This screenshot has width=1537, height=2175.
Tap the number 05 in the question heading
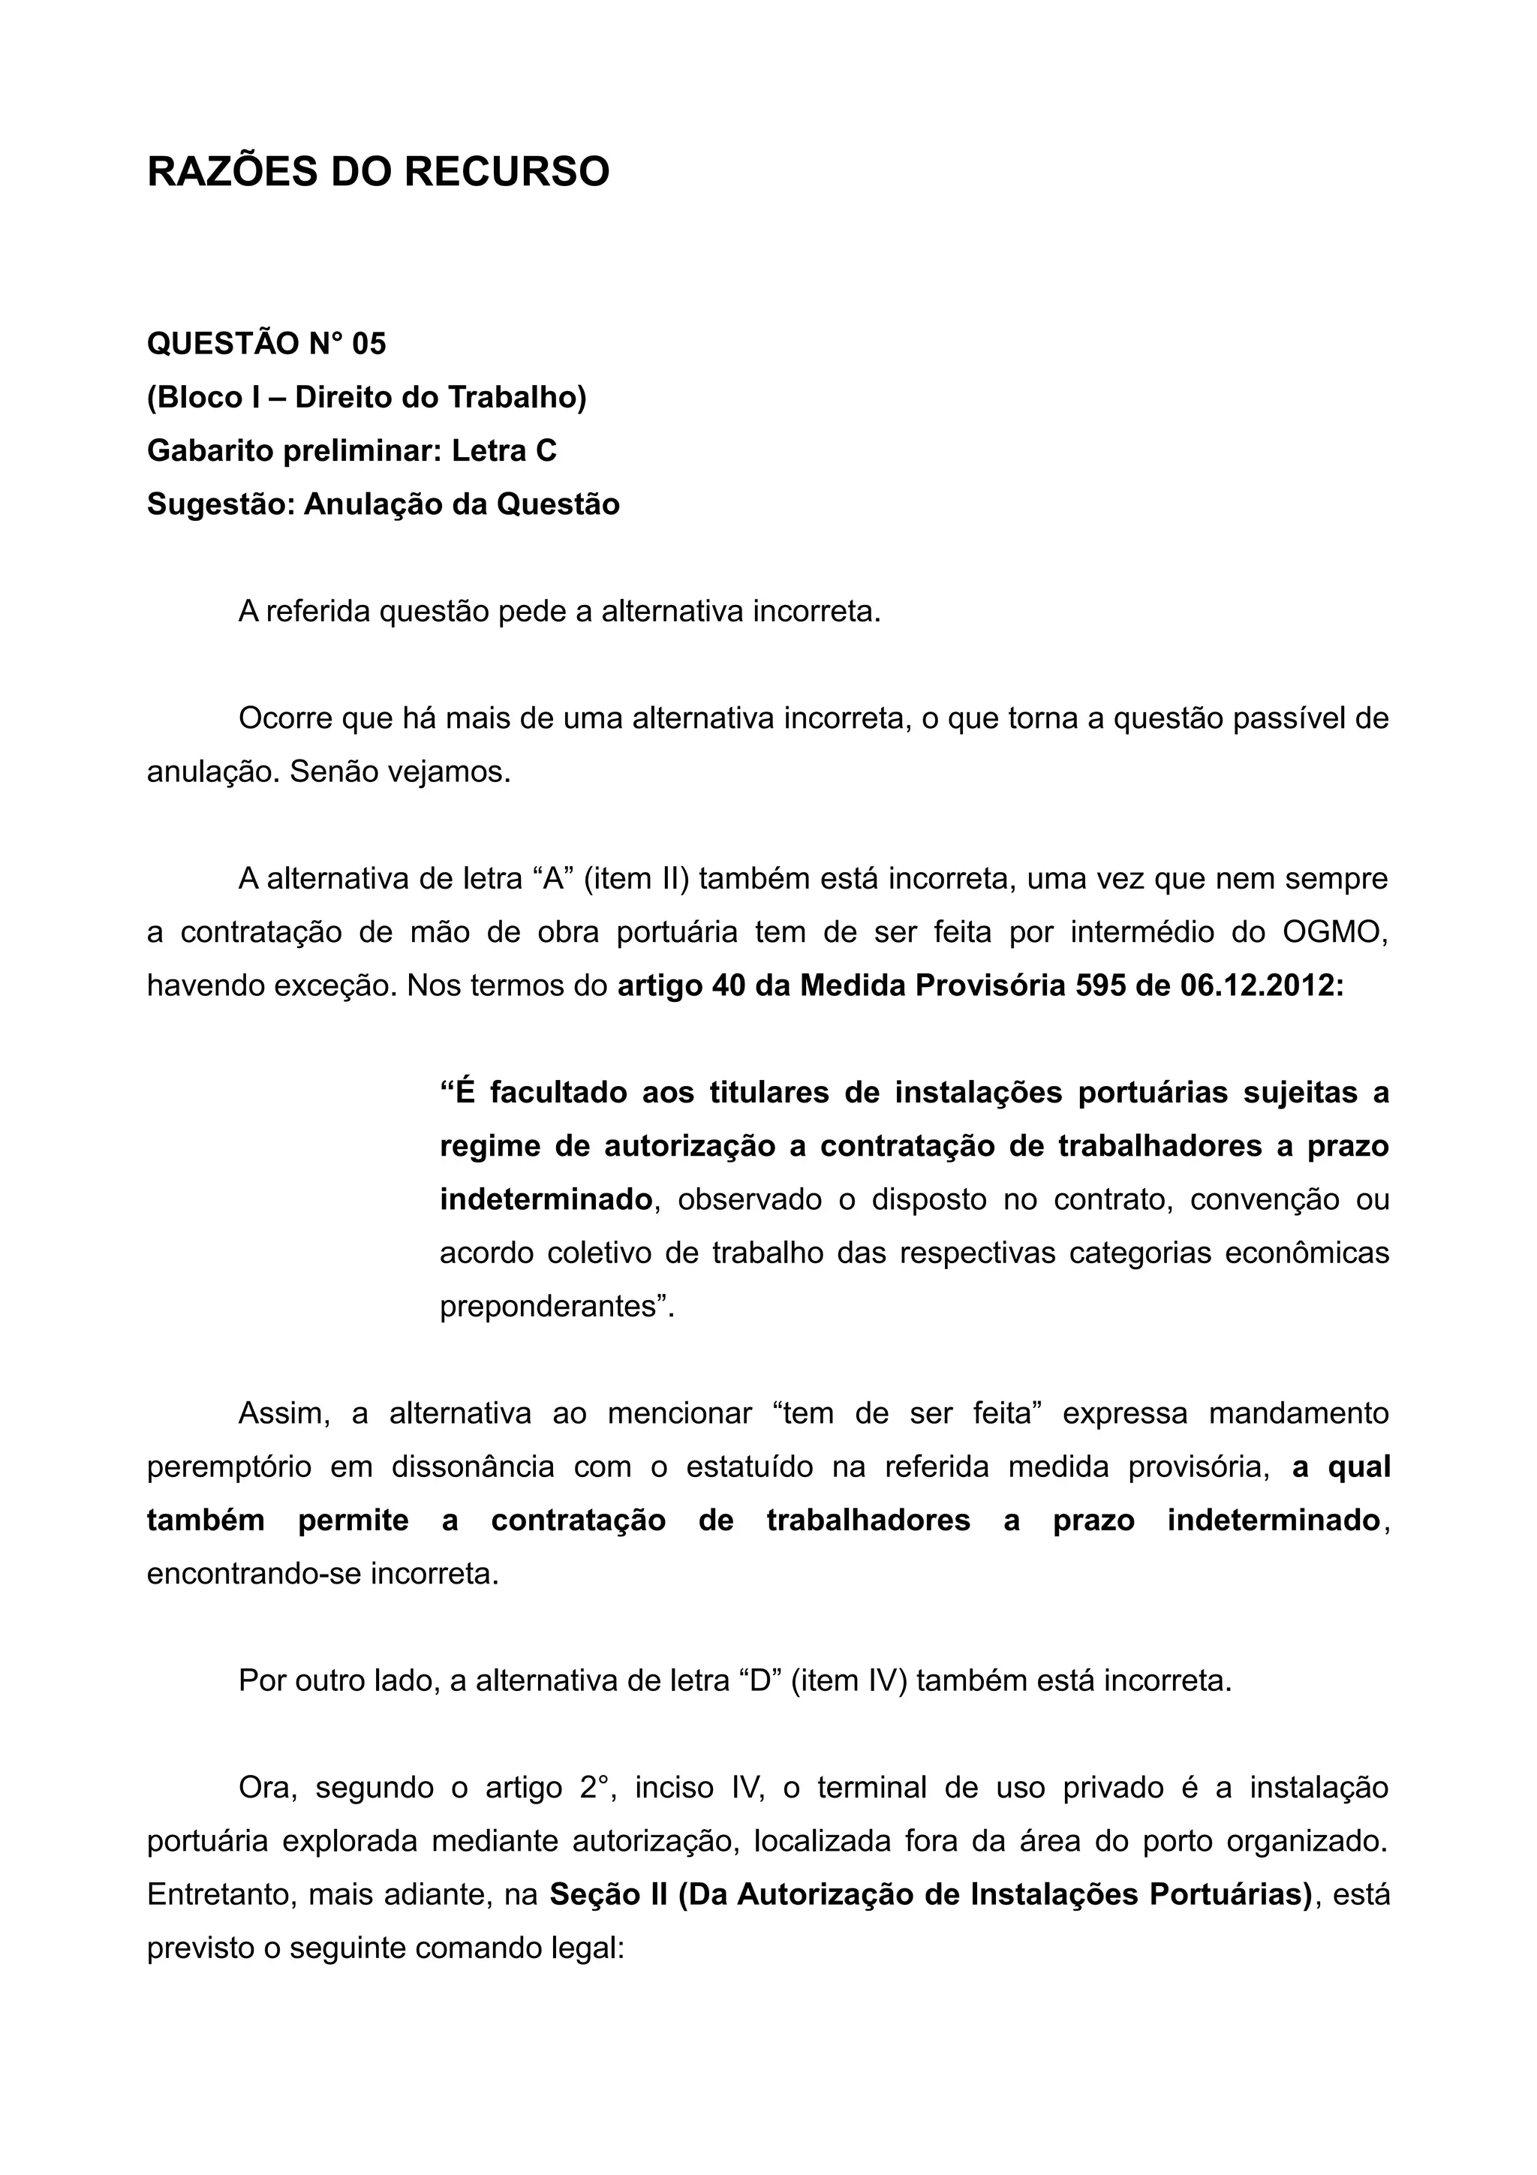tap(369, 344)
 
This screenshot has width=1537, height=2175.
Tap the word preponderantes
tap(557, 1307)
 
